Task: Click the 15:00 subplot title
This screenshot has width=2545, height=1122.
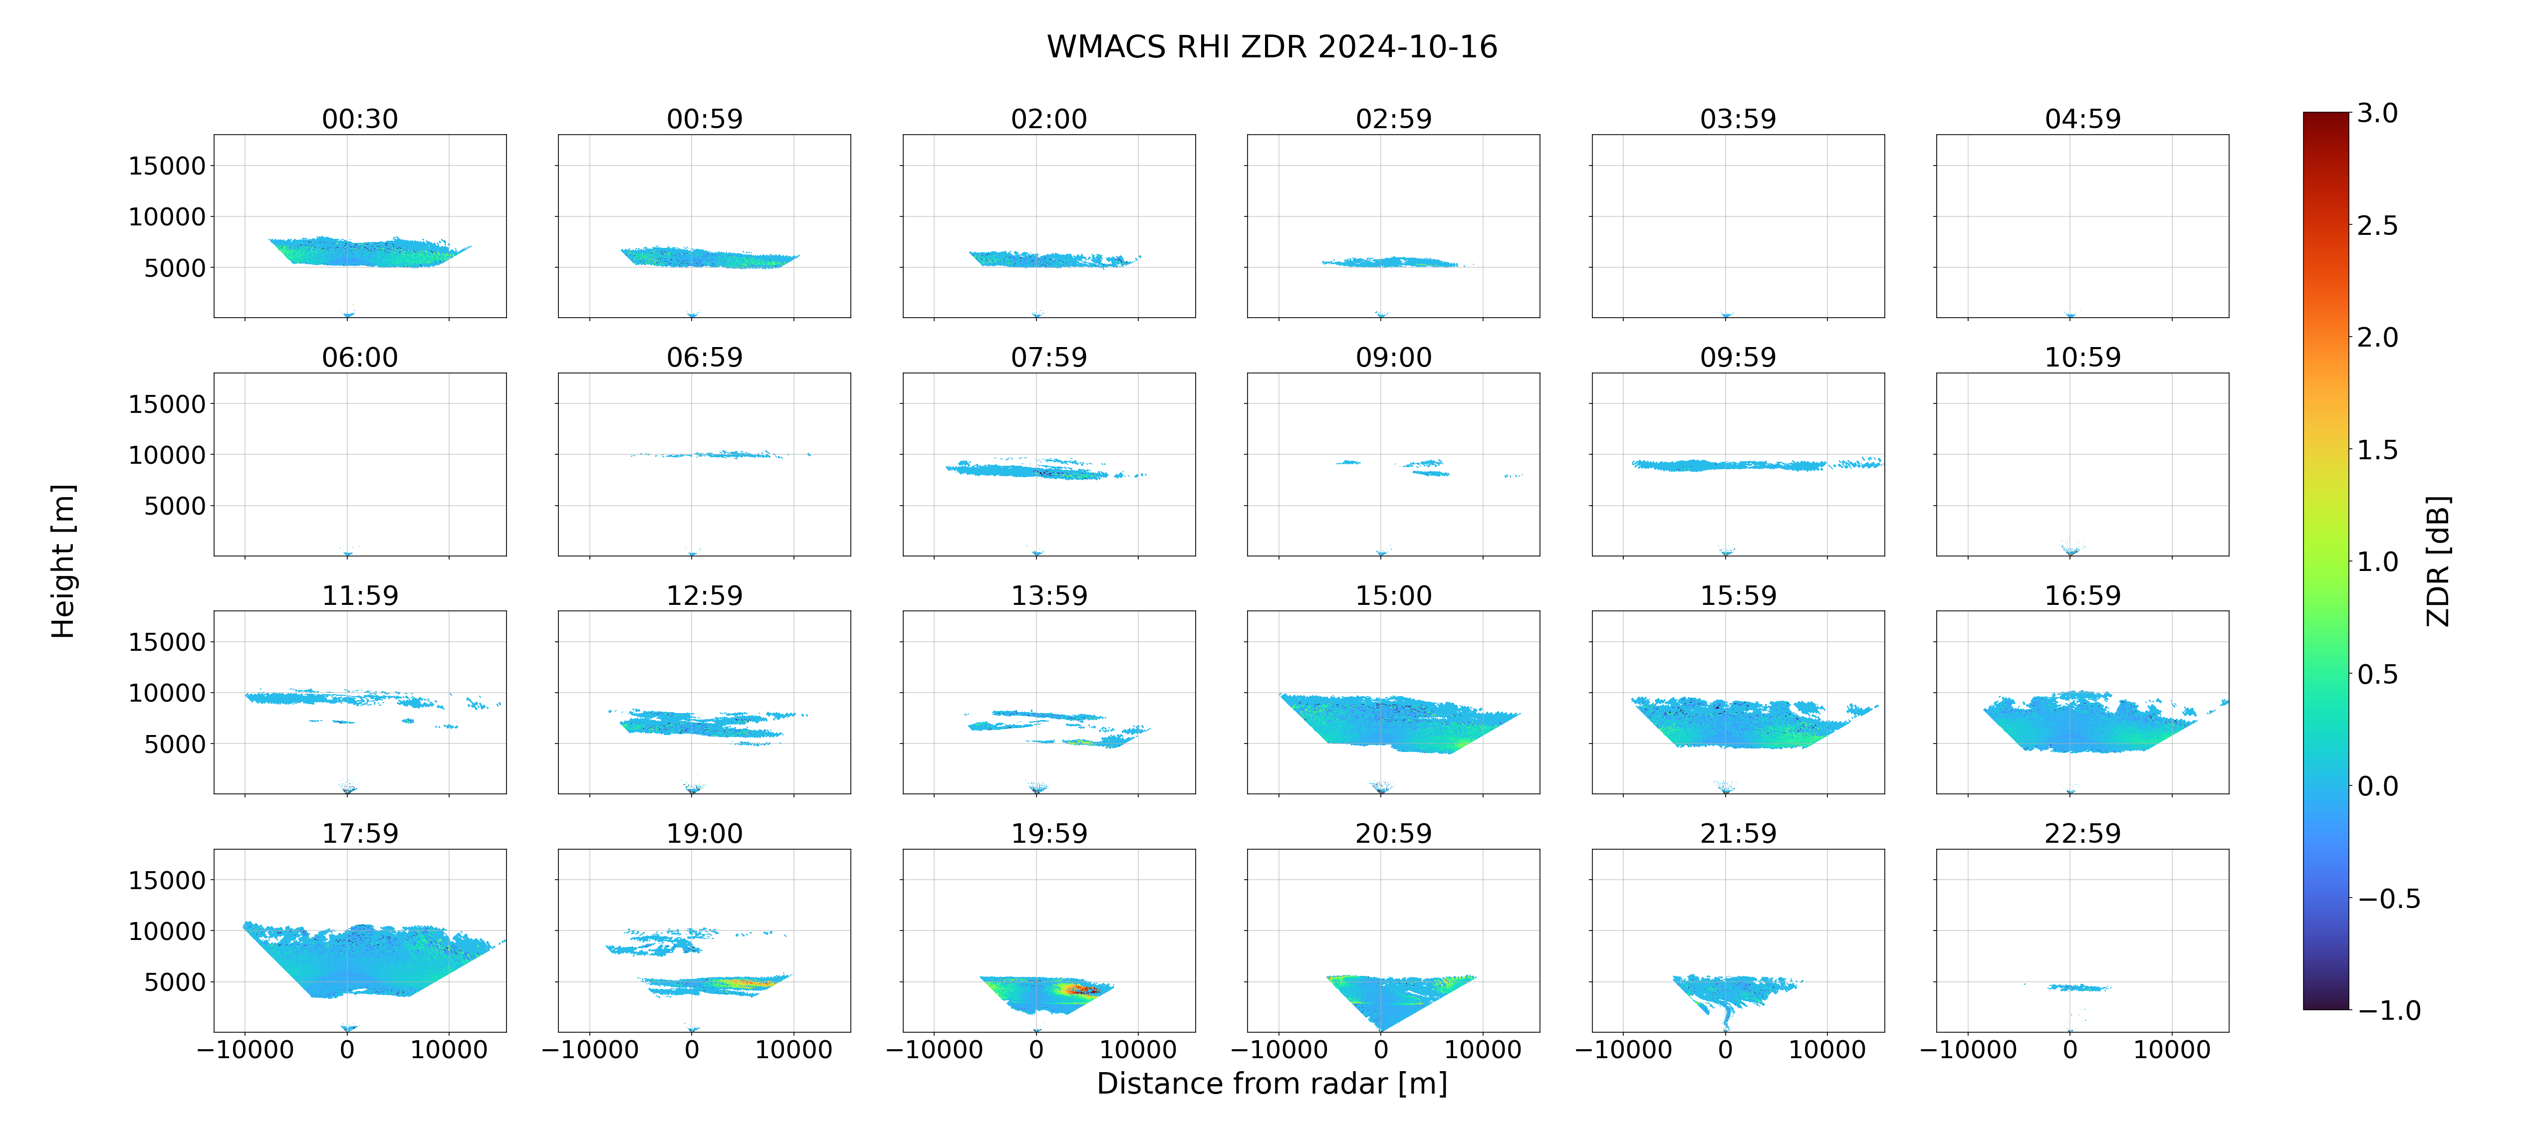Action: coord(1393,595)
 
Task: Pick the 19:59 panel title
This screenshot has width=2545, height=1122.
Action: coord(1049,834)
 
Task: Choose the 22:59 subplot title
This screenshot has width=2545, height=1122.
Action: coord(2082,834)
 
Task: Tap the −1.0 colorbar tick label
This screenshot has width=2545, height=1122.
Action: coord(2389,1010)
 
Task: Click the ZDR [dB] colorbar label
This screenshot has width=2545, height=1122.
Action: coord(2438,561)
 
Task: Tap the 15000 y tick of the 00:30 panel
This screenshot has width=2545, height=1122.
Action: coord(167,166)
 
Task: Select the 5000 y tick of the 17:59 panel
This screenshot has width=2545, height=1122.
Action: coord(175,982)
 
